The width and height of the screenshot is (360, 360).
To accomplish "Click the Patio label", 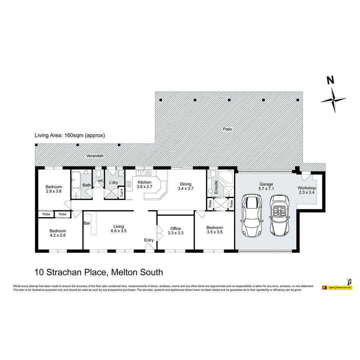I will pos(228,129).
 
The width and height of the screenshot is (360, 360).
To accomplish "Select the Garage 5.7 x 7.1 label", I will pos(266,186).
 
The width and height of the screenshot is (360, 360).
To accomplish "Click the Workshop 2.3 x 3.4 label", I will pos(307,190).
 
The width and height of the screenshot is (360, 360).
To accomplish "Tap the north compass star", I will pos(333,100).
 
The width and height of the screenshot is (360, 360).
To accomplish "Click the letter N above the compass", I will pos(330,80).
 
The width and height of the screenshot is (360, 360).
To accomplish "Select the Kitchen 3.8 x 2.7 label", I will pos(144,185).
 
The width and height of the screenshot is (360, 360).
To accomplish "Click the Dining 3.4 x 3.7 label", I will pos(186,186).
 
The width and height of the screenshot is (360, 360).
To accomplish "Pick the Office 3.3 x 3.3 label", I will pos(175,231).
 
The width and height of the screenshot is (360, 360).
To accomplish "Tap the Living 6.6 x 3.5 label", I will pos(118,229).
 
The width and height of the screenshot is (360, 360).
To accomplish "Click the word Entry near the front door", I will pos(149,240).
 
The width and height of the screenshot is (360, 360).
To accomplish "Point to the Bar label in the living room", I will pos(87,223).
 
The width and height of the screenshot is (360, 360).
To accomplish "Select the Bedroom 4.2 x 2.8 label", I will pos(58,233).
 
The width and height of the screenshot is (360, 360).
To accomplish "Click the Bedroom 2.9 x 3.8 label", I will pos(54,189).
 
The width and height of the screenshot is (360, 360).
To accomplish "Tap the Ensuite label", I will pos(216,187).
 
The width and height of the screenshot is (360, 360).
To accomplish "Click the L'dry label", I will pos(113,183).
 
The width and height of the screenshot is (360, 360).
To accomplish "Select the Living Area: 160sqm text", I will pos(70,135).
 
